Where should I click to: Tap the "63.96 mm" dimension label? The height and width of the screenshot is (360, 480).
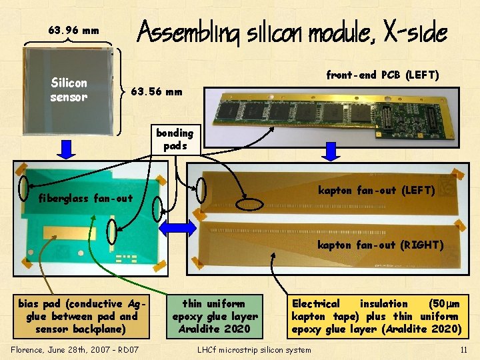74,30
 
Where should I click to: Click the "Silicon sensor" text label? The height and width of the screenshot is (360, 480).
69,90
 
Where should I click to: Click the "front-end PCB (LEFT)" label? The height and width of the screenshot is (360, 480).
382,75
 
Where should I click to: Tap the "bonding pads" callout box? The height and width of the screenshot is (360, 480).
175,139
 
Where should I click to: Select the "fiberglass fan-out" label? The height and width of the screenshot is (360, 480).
85,198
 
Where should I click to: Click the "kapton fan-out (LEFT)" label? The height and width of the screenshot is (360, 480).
376,191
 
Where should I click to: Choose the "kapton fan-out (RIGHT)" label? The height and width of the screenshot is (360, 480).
380,245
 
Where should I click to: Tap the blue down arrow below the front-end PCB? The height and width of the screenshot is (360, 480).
330,151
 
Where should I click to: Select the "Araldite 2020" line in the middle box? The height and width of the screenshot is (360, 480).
215,328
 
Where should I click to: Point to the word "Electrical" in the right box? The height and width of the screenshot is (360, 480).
316,303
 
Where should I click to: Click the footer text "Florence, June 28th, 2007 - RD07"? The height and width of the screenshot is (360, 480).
75,349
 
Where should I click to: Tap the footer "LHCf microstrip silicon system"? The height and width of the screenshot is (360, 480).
254,350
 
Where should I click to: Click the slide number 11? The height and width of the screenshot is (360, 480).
463,350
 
